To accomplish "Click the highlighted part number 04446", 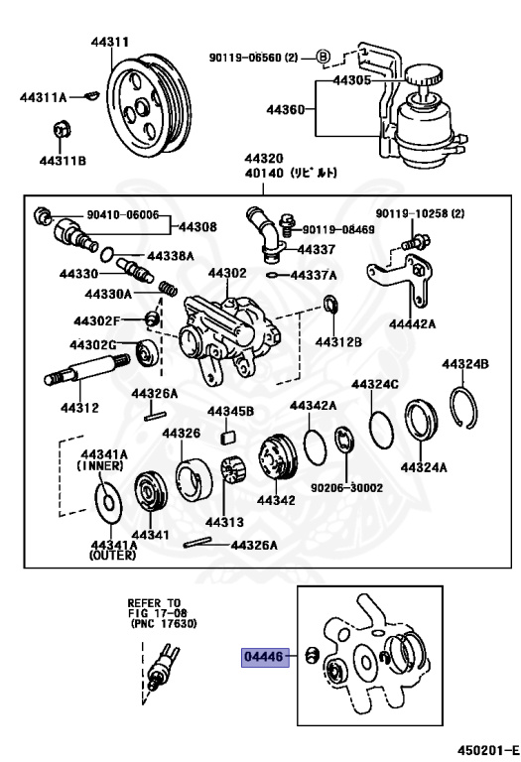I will point(264,656).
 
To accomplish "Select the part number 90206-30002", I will point(345,488).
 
